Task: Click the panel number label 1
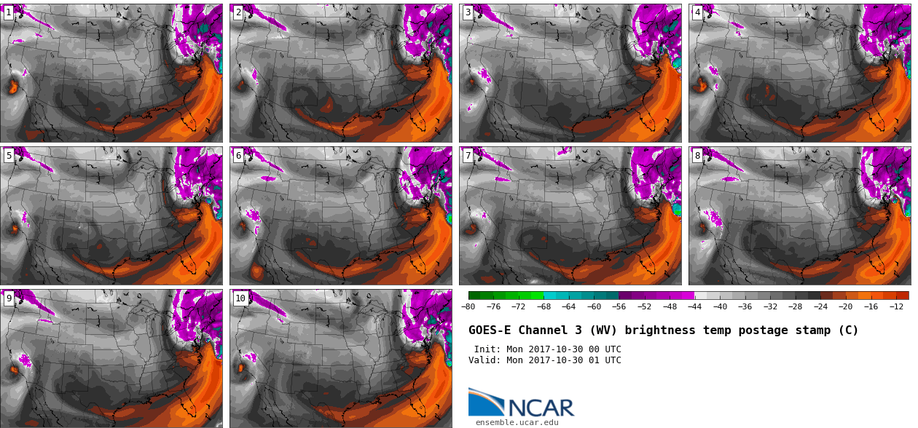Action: (x=8, y=12)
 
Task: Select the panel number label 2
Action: (x=238, y=12)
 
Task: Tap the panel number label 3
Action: (x=468, y=12)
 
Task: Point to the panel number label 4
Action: (x=697, y=12)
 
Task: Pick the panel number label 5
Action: (x=8, y=155)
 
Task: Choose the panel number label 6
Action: (x=238, y=155)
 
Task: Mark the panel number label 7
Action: (x=468, y=155)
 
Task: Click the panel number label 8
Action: (x=697, y=155)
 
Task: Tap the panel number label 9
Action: (x=8, y=298)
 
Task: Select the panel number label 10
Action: (x=240, y=298)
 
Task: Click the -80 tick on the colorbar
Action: (x=468, y=306)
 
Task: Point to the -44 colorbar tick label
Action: (x=694, y=306)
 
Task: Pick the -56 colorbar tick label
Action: (x=619, y=306)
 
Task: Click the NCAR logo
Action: (x=522, y=403)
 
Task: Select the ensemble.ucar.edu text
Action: (x=517, y=422)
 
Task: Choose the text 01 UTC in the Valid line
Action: (x=605, y=360)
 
